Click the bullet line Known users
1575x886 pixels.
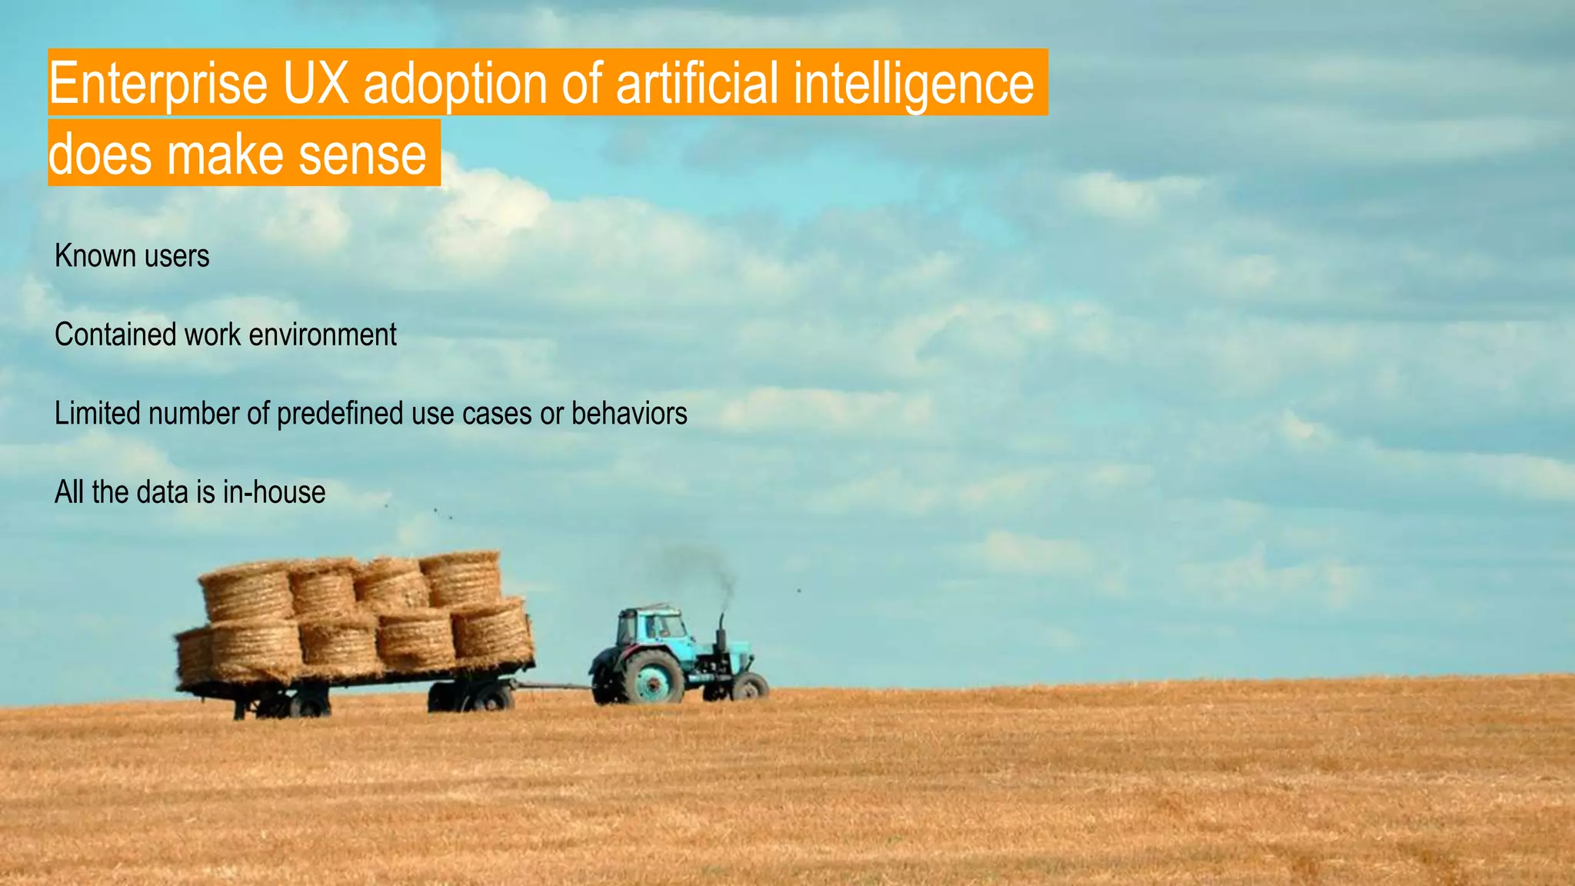[x=132, y=256]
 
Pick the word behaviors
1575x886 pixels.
[x=629, y=414]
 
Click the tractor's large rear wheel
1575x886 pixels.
[x=652, y=678]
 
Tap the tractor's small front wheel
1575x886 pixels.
[x=749, y=686]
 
